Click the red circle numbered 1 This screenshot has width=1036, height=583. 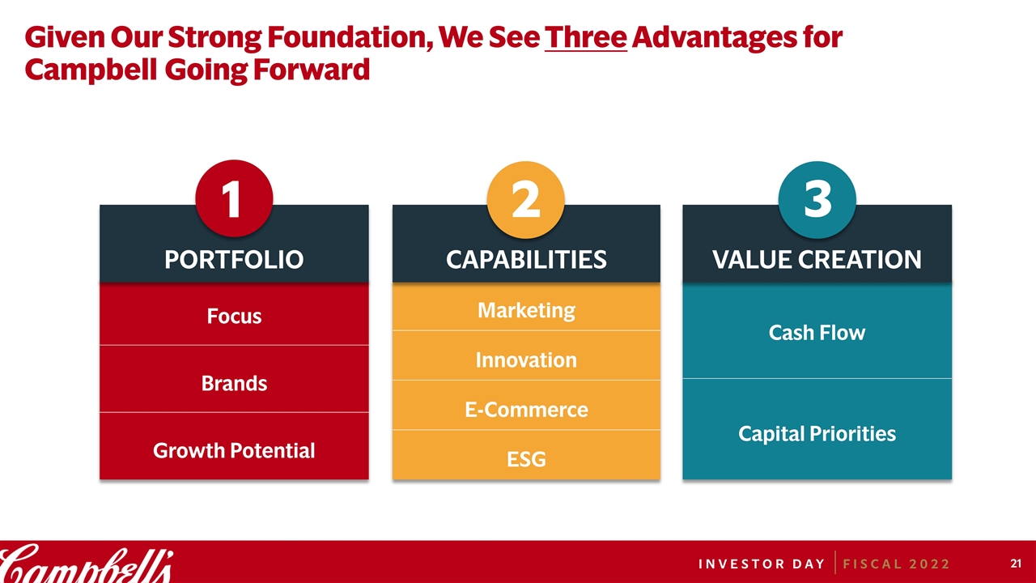[x=234, y=198]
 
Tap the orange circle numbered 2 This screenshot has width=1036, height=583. [x=526, y=199]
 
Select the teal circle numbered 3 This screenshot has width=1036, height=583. [x=817, y=199]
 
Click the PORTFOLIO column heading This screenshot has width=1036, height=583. [x=234, y=260]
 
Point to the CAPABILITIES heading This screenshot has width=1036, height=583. [x=526, y=260]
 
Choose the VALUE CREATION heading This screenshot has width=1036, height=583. [x=817, y=260]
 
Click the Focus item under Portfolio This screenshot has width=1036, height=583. [x=234, y=317]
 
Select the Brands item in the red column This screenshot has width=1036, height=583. [x=234, y=384]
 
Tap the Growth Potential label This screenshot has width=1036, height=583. [x=234, y=451]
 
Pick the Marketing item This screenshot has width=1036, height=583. [x=526, y=310]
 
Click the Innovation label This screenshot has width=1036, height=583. [x=526, y=360]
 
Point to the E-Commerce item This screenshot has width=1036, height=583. [x=526, y=410]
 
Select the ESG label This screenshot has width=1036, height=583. [x=526, y=459]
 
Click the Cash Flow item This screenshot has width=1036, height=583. [x=817, y=333]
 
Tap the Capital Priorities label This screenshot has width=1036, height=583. [x=817, y=434]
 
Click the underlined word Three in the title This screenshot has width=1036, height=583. [x=585, y=37]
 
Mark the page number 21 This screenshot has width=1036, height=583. [x=1016, y=564]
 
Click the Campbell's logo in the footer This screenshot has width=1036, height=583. [x=87, y=564]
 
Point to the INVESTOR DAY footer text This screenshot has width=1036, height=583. [x=762, y=564]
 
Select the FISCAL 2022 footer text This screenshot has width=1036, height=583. [x=896, y=564]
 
